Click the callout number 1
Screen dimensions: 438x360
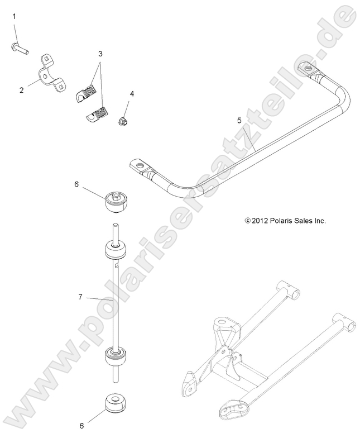tap(15, 18)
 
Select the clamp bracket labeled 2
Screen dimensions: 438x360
tap(50, 74)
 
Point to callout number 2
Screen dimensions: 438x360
tap(21, 89)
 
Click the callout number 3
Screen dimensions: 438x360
tap(100, 54)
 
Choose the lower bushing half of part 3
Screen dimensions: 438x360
tap(96, 116)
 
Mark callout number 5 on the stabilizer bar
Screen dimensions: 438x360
tap(239, 120)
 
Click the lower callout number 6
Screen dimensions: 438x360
tap(81, 426)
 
